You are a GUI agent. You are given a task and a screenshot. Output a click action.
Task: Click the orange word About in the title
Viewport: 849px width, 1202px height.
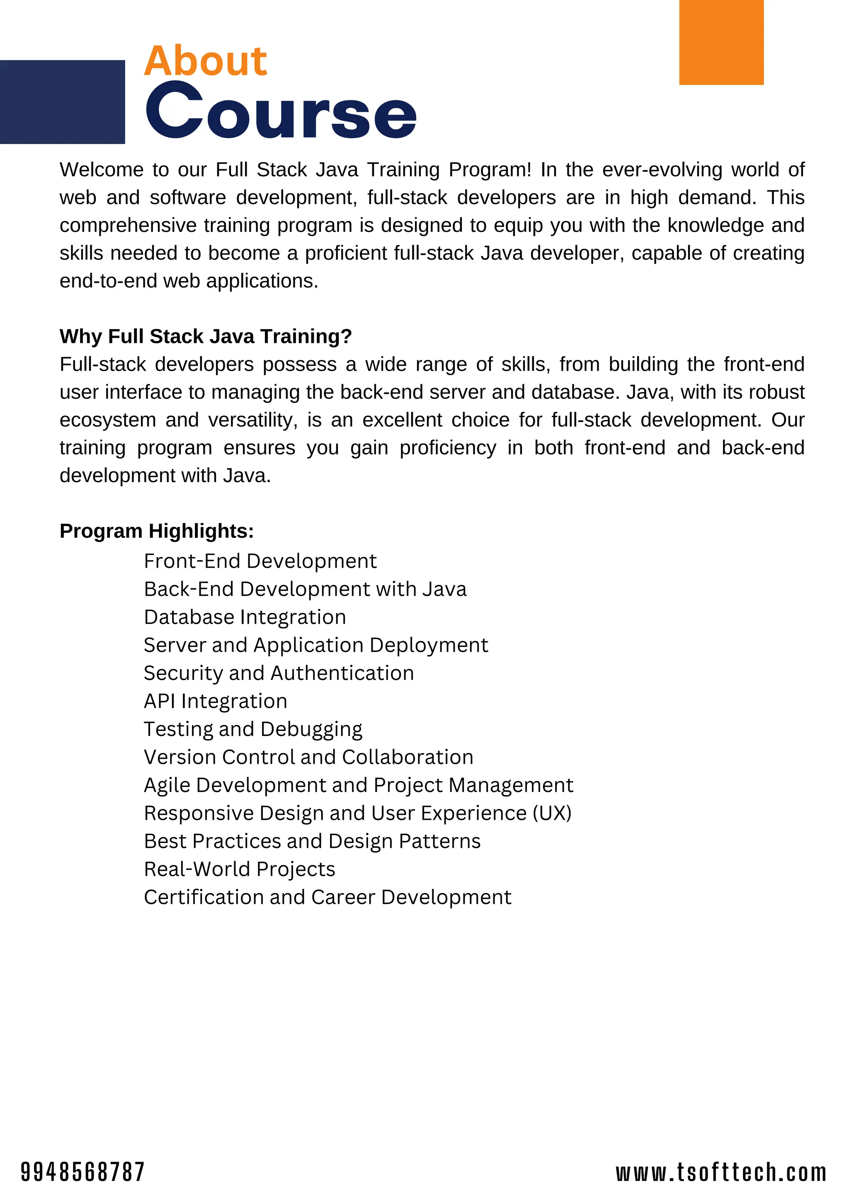click(205, 61)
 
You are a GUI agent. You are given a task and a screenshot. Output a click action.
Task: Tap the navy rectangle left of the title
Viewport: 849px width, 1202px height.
click(62, 102)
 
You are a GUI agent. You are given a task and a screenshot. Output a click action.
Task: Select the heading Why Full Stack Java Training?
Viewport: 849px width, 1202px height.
click(205, 336)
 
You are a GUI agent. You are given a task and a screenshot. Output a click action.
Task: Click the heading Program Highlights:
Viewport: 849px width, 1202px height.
click(157, 531)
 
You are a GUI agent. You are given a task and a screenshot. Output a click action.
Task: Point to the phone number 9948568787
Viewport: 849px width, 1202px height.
click(82, 1172)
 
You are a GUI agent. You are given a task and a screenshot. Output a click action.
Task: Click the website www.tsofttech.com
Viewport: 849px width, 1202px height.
click(721, 1172)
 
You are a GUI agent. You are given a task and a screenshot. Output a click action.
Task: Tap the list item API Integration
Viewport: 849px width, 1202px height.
click(216, 701)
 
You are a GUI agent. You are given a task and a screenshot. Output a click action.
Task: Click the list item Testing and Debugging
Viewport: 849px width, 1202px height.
click(253, 729)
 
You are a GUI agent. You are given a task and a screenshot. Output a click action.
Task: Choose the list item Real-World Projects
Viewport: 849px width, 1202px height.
click(239, 869)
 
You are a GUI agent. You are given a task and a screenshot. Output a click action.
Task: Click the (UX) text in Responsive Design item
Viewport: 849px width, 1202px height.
click(552, 813)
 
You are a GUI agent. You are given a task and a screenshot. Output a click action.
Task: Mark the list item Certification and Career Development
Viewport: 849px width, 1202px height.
click(327, 897)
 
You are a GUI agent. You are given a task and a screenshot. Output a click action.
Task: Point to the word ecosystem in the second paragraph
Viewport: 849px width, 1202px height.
click(107, 420)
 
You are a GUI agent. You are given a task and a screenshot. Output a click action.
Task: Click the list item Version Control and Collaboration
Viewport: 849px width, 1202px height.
click(308, 757)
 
